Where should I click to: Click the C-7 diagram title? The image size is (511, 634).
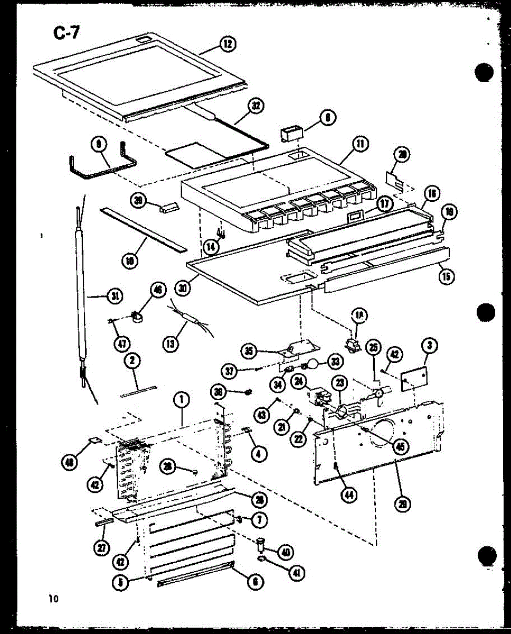(x=67, y=33)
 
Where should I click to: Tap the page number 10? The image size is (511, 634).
(x=53, y=599)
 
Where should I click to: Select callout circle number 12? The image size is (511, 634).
(x=228, y=44)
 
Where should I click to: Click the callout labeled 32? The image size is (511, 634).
(x=256, y=106)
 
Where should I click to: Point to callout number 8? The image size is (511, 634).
(x=328, y=118)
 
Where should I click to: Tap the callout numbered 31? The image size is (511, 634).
(x=113, y=296)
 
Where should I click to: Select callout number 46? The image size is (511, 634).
(x=158, y=289)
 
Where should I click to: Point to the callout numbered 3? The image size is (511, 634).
(x=430, y=346)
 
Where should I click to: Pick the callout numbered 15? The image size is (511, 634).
(x=448, y=276)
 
